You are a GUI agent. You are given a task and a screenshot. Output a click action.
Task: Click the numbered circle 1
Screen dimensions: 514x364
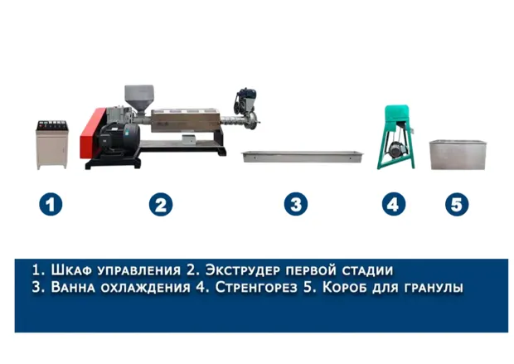pos(51,205)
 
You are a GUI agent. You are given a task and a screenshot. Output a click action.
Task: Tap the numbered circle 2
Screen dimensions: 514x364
pos(161,205)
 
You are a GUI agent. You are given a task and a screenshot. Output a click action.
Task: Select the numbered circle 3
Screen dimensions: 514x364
pos(296,204)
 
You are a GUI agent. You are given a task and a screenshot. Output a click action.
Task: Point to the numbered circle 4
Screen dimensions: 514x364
pos(393,204)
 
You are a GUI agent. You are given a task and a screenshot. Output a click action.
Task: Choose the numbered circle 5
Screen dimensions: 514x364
pos(457,204)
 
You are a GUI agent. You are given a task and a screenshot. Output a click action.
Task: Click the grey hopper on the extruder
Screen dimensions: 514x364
pos(139,99)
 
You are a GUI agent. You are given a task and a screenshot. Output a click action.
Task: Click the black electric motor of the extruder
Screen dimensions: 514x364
pos(119,138)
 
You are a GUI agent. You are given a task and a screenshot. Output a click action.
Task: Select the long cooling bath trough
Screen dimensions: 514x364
pos(303,157)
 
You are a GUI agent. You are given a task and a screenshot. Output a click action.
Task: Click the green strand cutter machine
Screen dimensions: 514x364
pos(396,137)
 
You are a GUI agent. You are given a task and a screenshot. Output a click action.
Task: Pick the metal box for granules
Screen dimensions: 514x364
pos(458,155)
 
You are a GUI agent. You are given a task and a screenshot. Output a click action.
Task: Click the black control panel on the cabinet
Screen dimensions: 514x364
pos(52,125)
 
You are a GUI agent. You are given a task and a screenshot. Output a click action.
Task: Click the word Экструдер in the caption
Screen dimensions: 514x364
pos(243,270)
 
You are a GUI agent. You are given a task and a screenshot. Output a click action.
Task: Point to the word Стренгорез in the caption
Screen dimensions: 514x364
pos(256,287)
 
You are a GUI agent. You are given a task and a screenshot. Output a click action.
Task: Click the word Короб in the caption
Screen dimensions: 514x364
pos(345,287)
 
